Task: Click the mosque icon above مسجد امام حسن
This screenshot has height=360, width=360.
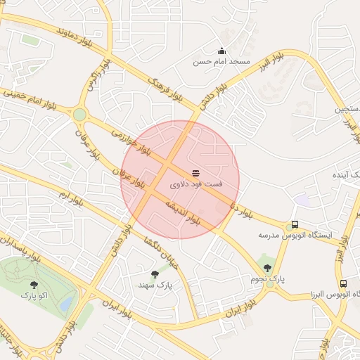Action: point(222,51)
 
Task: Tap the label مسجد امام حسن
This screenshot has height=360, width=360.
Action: point(222,62)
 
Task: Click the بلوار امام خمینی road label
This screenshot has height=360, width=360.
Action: point(34,98)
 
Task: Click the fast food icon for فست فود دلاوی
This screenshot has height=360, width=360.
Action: point(195,173)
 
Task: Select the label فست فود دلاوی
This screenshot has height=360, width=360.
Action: point(196,184)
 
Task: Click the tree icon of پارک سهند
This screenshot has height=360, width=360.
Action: point(155,274)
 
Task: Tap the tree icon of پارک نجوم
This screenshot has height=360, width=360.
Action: point(267,268)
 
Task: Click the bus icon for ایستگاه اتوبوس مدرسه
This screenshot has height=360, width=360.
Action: point(294,225)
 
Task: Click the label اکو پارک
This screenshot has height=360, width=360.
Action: point(34,296)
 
